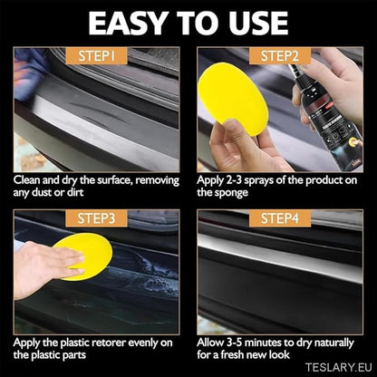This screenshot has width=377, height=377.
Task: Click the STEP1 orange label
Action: point(96,56)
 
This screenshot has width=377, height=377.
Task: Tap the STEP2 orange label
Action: point(280,56)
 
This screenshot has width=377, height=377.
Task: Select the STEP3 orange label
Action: point(96,218)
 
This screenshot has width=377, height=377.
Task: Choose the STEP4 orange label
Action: point(280,218)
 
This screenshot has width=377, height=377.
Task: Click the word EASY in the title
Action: point(128,24)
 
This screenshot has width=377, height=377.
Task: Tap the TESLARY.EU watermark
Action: point(338,367)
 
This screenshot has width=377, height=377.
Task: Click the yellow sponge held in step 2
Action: point(233,94)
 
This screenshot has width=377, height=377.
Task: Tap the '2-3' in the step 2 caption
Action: point(234,180)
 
